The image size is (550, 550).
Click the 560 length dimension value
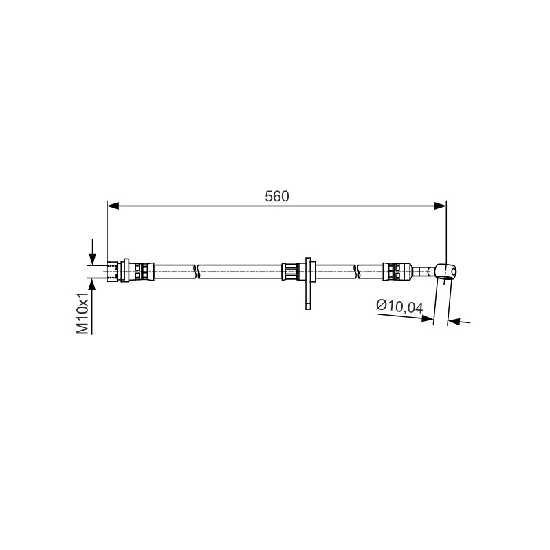click(x=277, y=197)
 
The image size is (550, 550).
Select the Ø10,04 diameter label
click(x=399, y=306)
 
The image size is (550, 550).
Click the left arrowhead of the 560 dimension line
click(x=113, y=206)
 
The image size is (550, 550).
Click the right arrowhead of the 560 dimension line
click(x=440, y=206)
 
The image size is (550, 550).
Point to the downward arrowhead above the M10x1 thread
click(x=92, y=259)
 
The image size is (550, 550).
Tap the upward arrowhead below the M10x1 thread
click(x=92, y=285)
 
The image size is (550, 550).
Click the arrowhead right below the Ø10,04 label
click(x=427, y=318)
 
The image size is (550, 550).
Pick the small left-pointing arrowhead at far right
click(x=454, y=320)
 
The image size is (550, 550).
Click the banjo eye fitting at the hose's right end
click(x=445, y=271)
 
